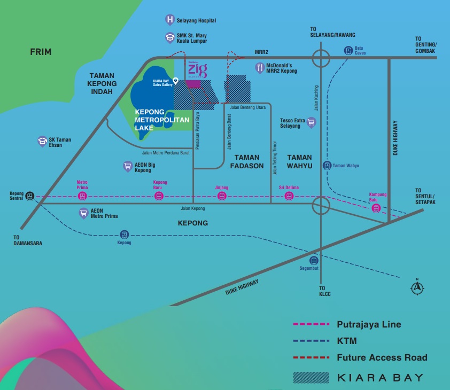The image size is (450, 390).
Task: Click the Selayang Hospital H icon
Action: (x=169, y=20)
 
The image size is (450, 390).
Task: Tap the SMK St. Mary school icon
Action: (x=169, y=37)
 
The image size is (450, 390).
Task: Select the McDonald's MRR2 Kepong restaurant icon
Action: (x=260, y=67)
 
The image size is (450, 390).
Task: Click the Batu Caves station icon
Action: (x=348, y=51)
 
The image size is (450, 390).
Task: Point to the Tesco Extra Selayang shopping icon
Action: (x=312, y=123)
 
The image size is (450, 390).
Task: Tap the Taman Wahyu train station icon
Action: (x=327, y=166)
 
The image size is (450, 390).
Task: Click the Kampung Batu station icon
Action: (x=377, y=208)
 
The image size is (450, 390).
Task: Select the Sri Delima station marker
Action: (x=289, y=196)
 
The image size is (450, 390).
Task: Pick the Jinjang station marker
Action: (x=221, y=196)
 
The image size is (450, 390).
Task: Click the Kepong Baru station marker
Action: (x=159, y=196)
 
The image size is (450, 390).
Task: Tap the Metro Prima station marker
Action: (x=82, y=196)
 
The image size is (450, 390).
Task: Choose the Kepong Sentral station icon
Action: (x=30, y=196)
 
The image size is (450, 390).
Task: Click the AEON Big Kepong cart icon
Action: (x=127, y=166)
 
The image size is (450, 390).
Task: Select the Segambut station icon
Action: (x=314, y=261)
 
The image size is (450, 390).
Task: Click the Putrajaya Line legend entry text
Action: (x=369, y=324)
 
